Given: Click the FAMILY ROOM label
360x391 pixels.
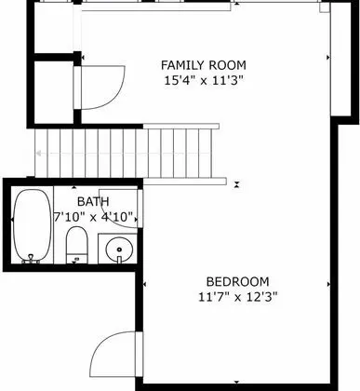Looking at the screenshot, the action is pyautogui.click(x=204, y=65).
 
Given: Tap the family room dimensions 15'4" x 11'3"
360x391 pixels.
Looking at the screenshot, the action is pyautogui.click(x=203, y=81).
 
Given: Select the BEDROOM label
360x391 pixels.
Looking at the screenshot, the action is pyautogui.click(x=237, y=282).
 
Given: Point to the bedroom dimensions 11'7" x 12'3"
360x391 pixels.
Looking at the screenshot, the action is pyautogui.click(x=237, y=297).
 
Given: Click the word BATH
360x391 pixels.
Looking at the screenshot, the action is pyautogui.click(x=93, y=202).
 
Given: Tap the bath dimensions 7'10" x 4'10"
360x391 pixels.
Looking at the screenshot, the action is pyautogui.click(x=94, y=217).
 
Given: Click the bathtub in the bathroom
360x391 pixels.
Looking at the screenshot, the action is pyautogui.click(x=33, y=226).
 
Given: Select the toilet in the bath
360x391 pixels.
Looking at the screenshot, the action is pyautogui.click(x=77, y=245).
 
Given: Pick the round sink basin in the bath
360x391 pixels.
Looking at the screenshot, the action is pyautogui.click(x=119, y=249).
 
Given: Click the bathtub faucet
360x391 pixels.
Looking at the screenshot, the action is pyautogui.click(x=31, y=258).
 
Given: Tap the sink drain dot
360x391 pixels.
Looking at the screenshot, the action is pyautogui.click(x=119, y=249).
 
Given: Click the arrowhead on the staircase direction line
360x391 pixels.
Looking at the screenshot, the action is pyautogui.click(x=39, y=153).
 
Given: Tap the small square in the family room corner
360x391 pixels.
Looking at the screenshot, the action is pyautogui.click(x=325, y=7).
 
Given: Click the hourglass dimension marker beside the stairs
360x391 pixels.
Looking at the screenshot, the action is pyautogui.click(x=237, y=184).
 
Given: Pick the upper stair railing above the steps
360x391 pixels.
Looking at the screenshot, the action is pyautogui.click(x=181, y=127).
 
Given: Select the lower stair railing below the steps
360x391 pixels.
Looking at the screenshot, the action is pyautogui.click(x=185, y=182).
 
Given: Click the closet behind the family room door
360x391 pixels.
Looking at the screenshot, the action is pyautogui.click(x=53, y=92).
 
